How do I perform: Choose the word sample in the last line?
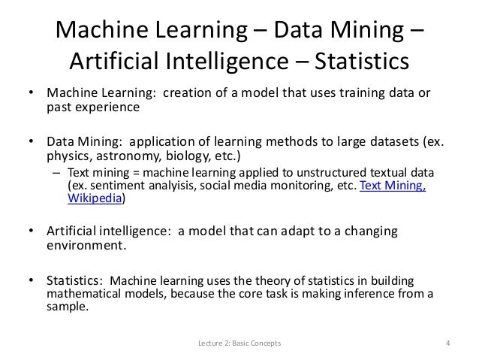[x=68, y=307]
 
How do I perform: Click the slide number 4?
[x=447, y=346]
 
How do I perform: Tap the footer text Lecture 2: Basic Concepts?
[x=239, y=346]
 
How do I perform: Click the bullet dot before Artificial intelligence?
[x=32, y=231]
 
